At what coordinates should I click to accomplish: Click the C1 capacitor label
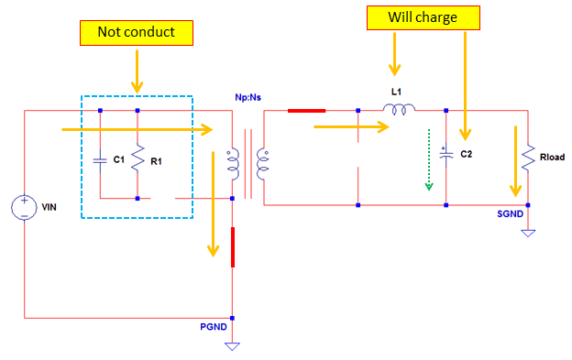(118, 160)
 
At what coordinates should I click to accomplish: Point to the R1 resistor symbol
(137, 161)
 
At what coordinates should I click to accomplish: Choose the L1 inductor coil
(399, 111)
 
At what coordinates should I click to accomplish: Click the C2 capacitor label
(466, 153)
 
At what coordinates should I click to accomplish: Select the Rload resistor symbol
(528, 158)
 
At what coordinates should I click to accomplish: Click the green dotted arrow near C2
(427, 162)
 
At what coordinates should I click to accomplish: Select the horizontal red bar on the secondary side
(305, 112)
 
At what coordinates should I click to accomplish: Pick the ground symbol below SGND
(528, 233)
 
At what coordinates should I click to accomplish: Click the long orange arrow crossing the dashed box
(137, 130)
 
